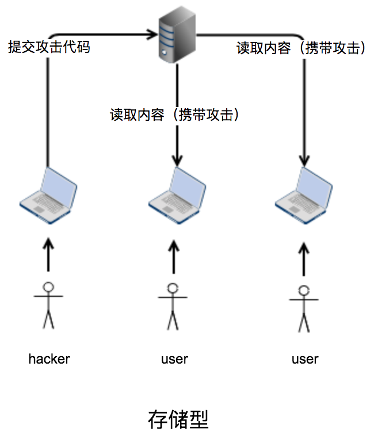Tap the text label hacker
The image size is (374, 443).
[49, 359]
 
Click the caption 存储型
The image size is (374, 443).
[177, 419]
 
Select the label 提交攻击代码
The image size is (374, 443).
[49, 47]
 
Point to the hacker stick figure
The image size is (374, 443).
[49, 304]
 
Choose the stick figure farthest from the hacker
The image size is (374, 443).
[304, 308]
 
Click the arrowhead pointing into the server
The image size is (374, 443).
[152, 35]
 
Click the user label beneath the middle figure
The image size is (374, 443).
[174, 360]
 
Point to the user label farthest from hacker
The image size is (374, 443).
[305, 360]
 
